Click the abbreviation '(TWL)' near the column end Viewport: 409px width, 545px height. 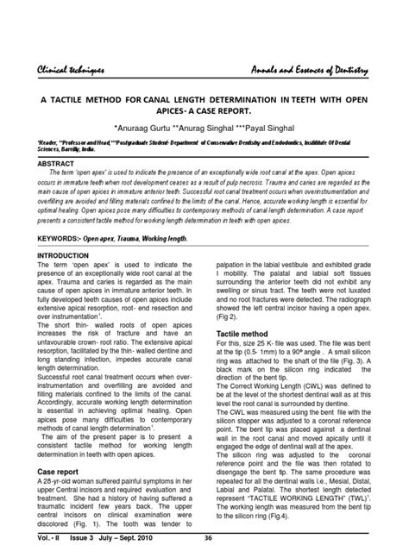pyautogui.click(x=363, y=500)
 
